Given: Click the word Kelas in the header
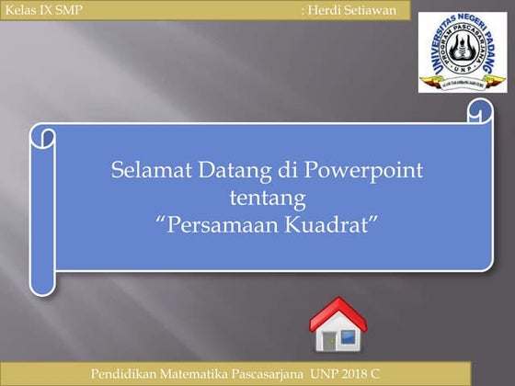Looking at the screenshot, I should (21, 9).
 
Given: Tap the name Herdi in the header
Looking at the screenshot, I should (326, 9).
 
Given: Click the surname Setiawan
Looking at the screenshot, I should (372, 9).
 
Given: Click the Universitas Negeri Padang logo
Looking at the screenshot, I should (463, 52).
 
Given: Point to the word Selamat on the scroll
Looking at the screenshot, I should (148, 171).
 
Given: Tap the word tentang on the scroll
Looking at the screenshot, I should (264, 197).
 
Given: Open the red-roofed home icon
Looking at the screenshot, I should (337, 326).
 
